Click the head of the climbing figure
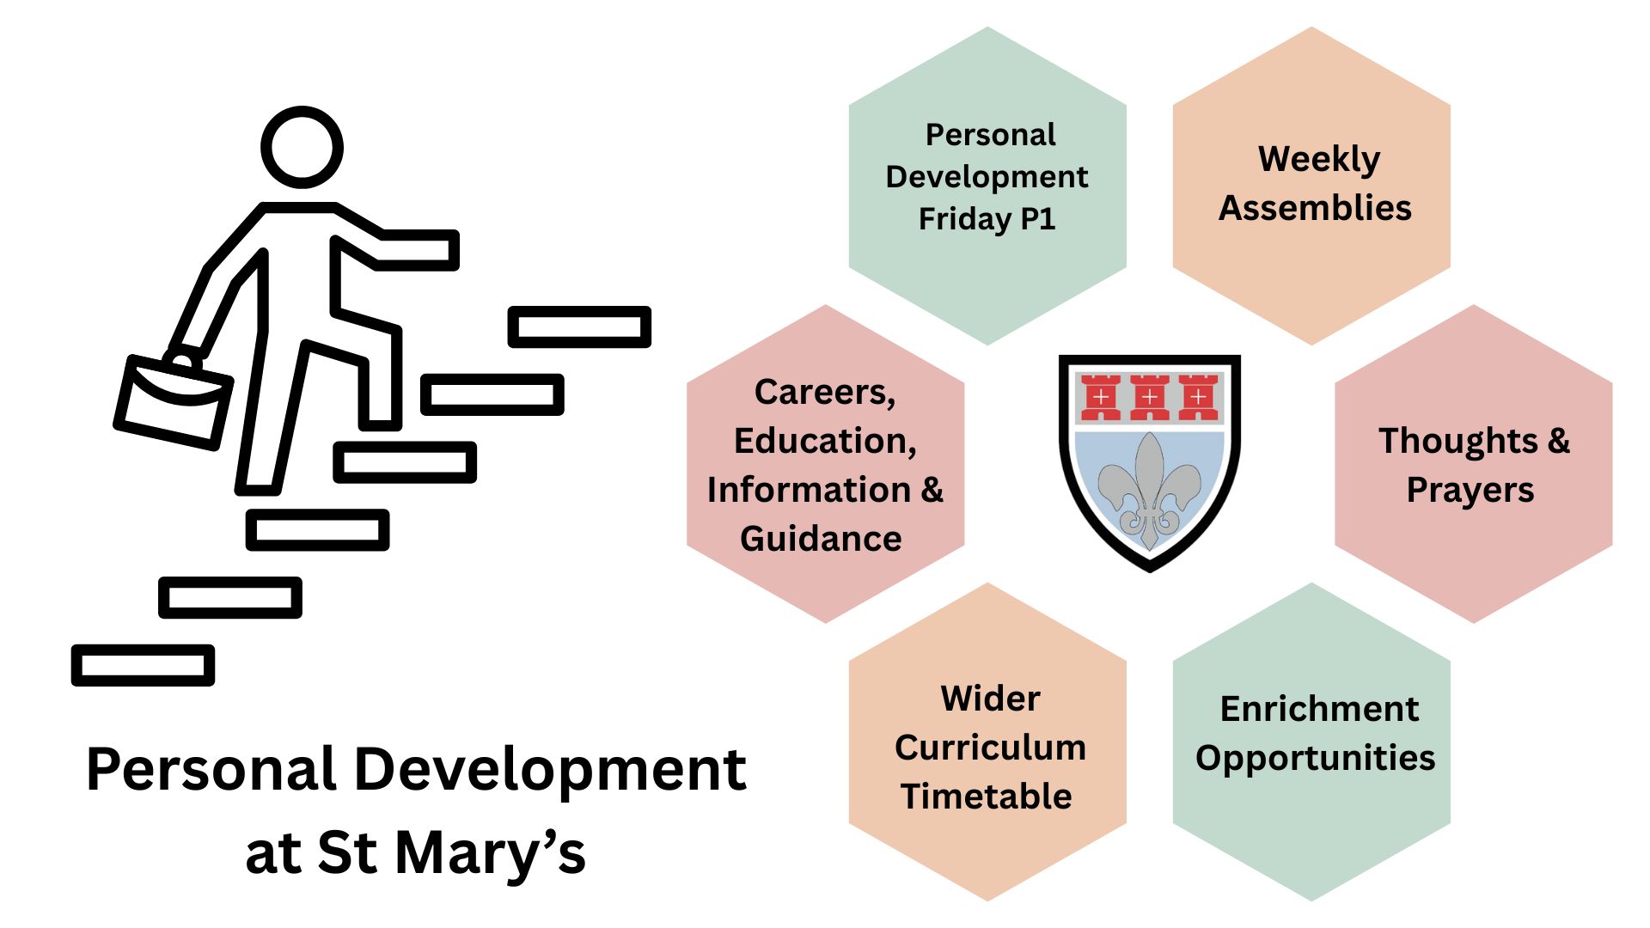[x=302, y=147]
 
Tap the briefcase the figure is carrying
[x=173, y=401]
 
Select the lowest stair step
[x=143, y=665]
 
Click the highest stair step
[x=579, y=327]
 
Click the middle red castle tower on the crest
[x=1149, y=397]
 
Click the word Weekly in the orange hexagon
[x=1318, y=160]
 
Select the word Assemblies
[x=1315, y=208]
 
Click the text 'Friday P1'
[x=987, y=219]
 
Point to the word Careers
[x=824, y=392]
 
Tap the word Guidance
[x=821, y=539]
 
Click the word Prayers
[x=1470, y=490]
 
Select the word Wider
[x=990, y=699]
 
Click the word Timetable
[x=987, y=797]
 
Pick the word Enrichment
[x=1319, y=709]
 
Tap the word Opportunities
[x=1315, y=758]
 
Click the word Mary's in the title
[x=490, y=853]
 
